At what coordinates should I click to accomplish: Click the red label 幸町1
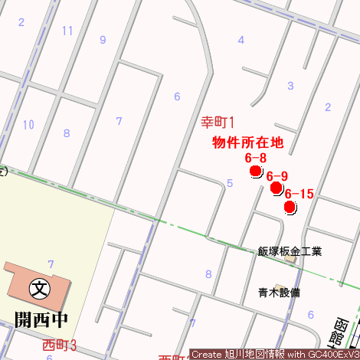click(217, 122)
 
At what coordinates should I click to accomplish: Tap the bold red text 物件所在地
click(247, 142)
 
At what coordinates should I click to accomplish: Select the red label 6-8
click(255, 158)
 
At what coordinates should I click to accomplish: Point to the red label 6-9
click(277, 177)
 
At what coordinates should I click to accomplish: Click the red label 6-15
click(299, 195)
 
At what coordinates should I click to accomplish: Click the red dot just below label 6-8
click(256, 171)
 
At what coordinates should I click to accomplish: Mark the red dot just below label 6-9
click(276, 188)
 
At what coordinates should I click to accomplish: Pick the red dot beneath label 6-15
click(290, 207)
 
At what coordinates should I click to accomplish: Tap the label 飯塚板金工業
click(290, 251)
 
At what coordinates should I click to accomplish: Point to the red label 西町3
click(60, 344)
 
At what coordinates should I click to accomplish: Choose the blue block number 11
click(67, 31)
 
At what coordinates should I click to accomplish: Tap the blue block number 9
click(103, 40)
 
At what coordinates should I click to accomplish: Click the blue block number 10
click(28, 124)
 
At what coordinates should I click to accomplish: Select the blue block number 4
click(241, 40)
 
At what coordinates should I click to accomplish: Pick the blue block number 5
click(230, 183)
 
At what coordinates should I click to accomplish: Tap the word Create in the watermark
click(206, 355)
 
